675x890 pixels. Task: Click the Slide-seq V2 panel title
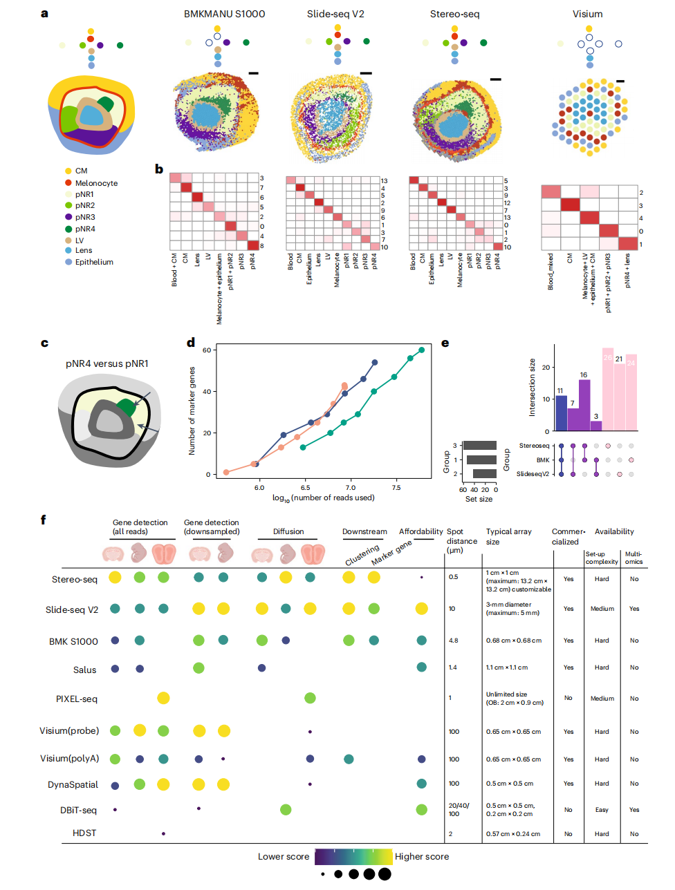point(335,14)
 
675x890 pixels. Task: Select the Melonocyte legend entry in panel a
point(96,183)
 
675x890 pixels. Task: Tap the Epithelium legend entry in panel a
point(94,262)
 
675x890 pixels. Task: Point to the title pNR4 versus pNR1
point(107,363)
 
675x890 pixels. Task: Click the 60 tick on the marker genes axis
point(206,350)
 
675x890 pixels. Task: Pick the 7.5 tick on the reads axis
point(396,488)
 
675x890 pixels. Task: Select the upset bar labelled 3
point(596,426)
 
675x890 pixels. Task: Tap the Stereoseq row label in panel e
point(534,446)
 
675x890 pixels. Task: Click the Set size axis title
point(479,499)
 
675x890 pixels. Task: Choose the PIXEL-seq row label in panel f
point(77,699)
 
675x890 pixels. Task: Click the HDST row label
point(84,833)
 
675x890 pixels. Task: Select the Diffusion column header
point(288,531)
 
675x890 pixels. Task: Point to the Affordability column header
point(420,531)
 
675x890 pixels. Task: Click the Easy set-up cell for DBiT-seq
point(602,810)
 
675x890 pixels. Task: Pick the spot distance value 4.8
point(454,641)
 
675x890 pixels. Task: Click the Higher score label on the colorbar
point(422,856)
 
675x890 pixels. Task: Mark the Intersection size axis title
point(532,387)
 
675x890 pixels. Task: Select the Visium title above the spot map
point(587,14)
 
